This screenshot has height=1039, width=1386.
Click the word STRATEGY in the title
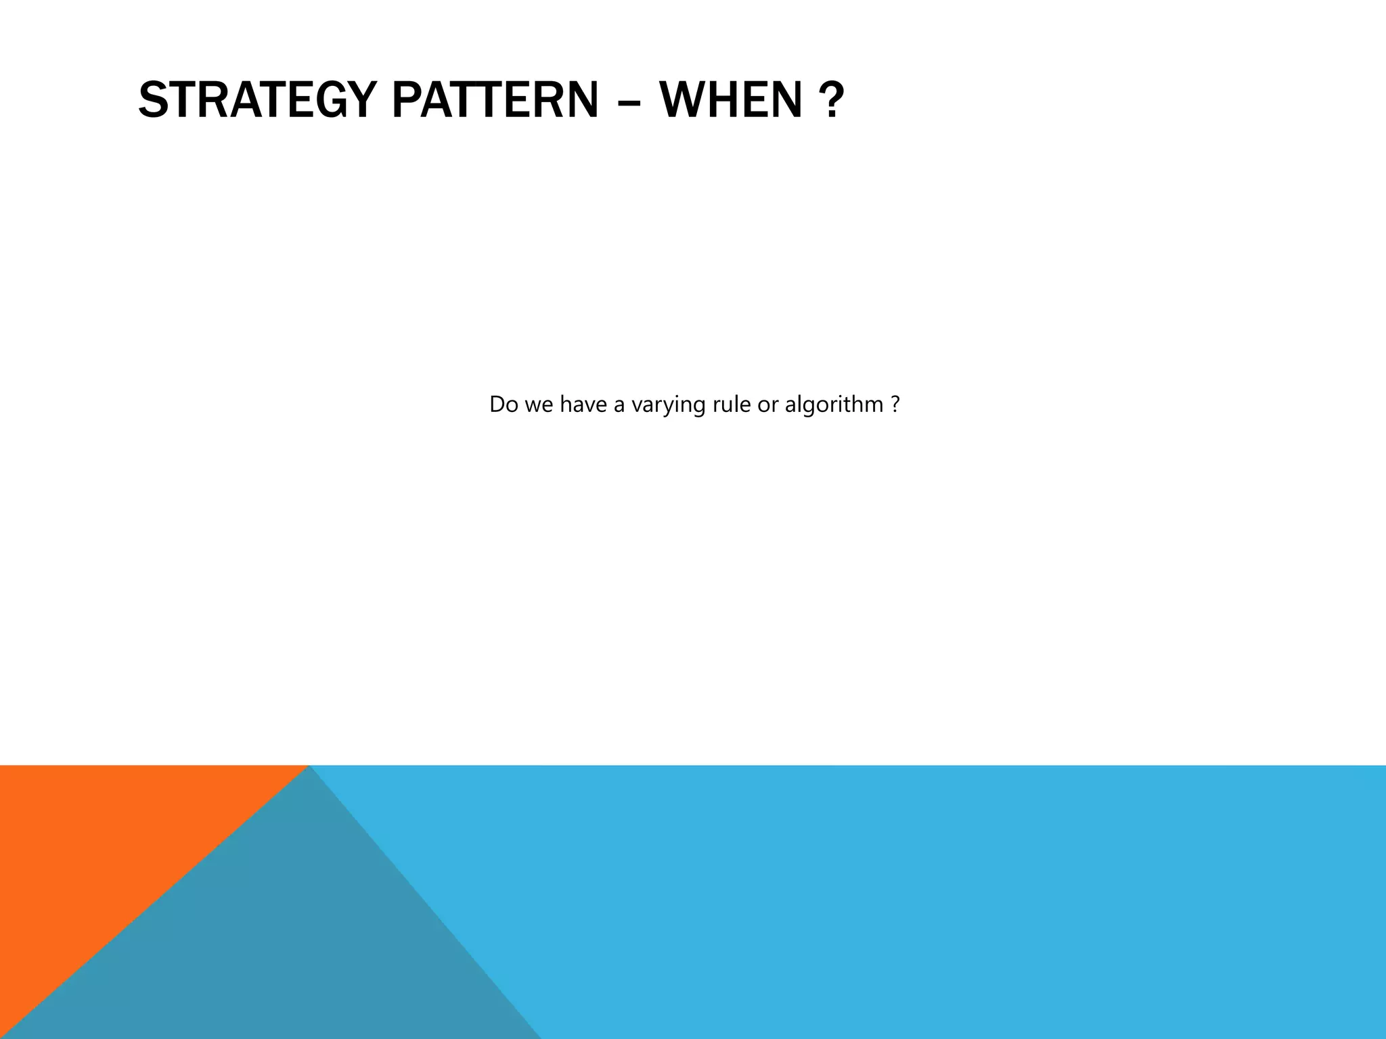pyautogui.click(x=257, y=100)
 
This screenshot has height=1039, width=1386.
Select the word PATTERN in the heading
pyautogui.click(x=495, y=100)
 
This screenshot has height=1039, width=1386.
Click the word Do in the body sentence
pyautogui.click(x=503, y=405)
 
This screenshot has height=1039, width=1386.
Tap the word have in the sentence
pyautogui.click(x=583, y=405)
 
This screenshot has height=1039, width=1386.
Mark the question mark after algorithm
pyautogui.click(x=895, y=405)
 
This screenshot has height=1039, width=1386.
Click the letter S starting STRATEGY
pyautogui.click(x=153, y=100)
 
